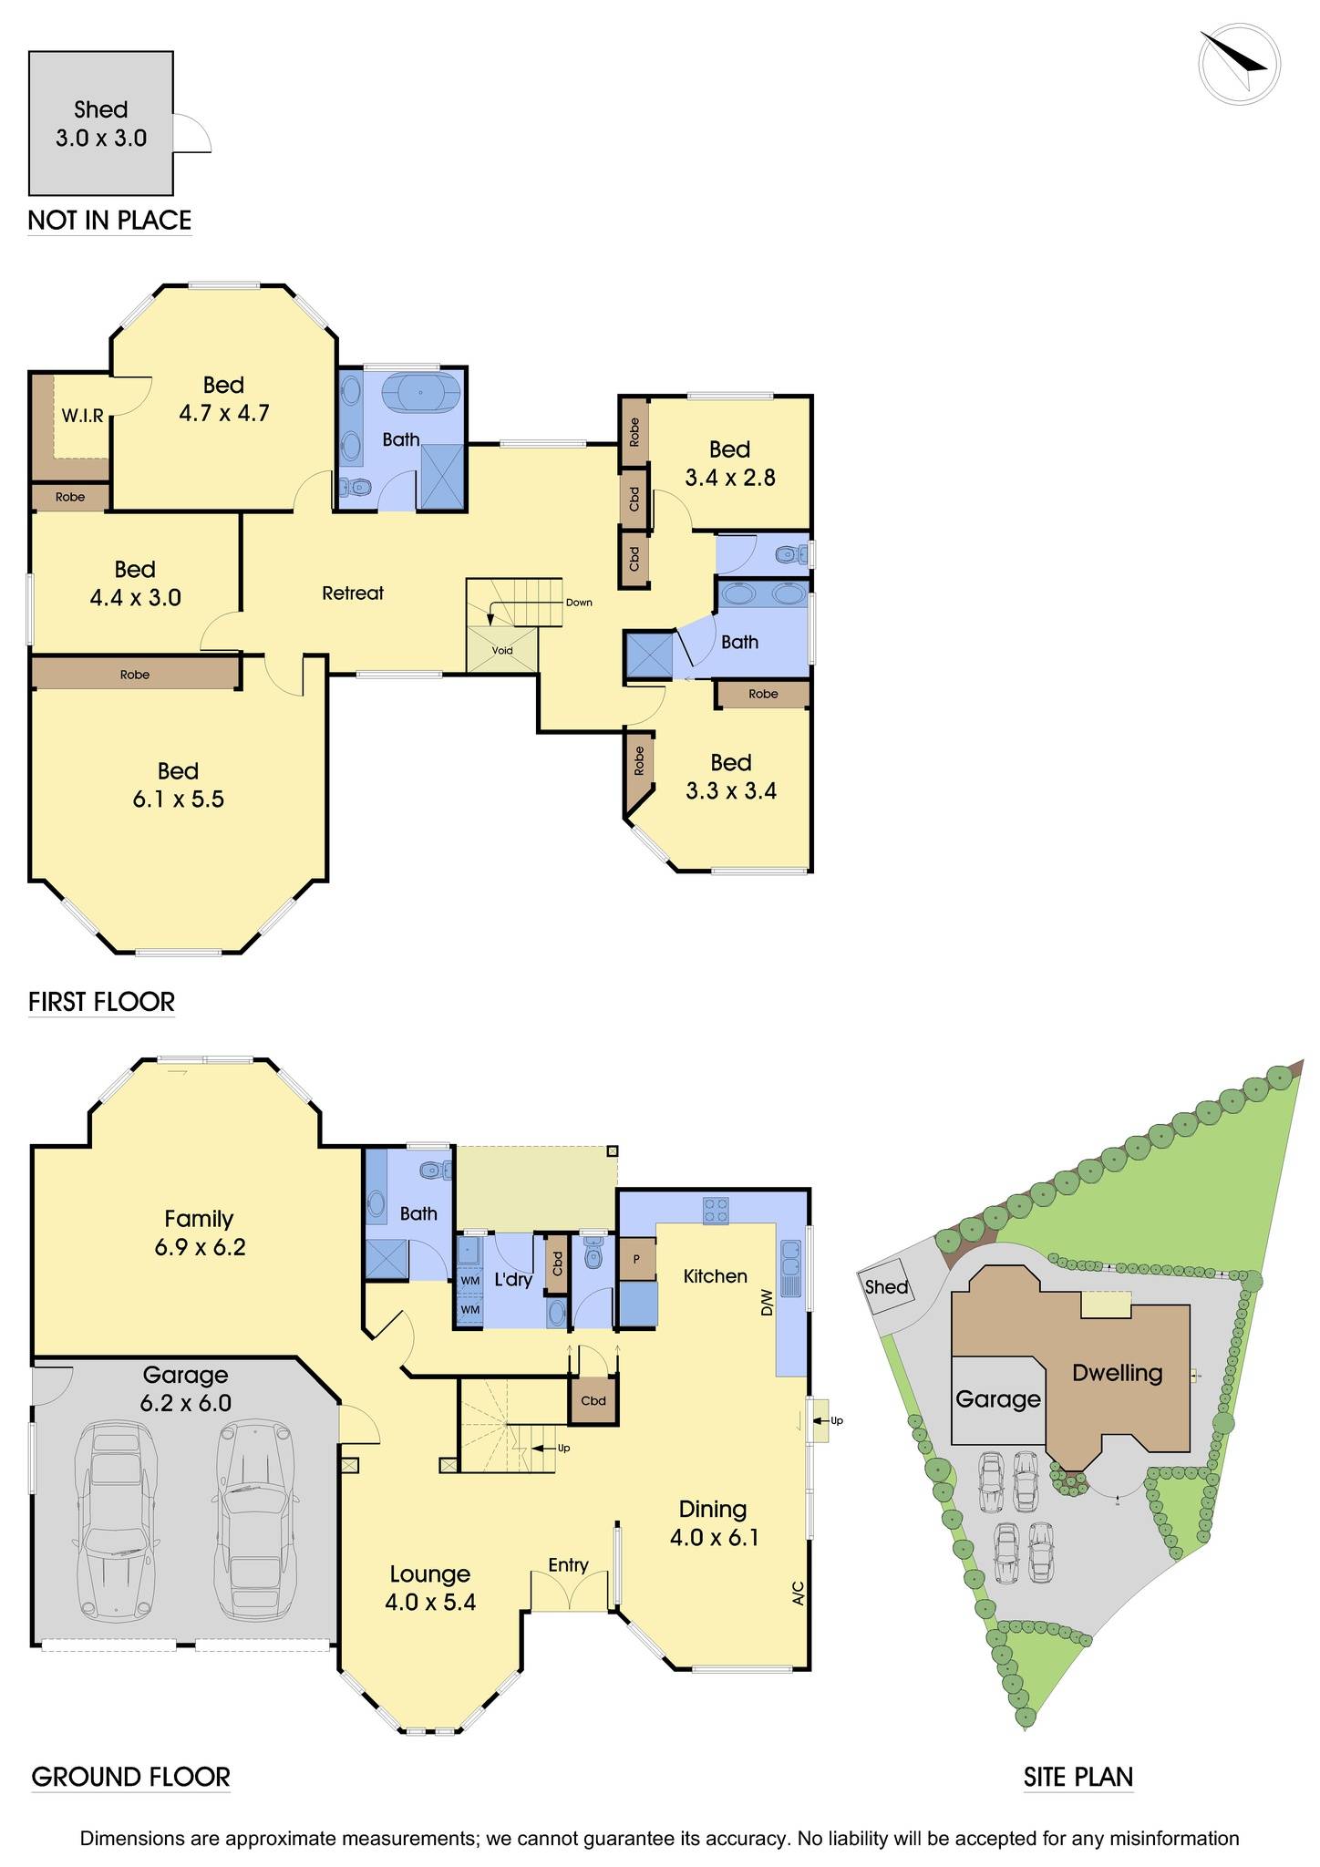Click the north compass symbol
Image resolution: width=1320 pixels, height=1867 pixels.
click(1239, 64)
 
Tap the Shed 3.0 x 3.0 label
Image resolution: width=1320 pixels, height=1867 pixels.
click(100, 124)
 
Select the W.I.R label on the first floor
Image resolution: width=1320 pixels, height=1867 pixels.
click(82, 416)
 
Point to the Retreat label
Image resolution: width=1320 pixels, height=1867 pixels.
click(353, 593)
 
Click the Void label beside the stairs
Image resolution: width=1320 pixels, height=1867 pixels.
click(502, 651)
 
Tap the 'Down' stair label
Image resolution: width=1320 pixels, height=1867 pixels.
click(579, 603)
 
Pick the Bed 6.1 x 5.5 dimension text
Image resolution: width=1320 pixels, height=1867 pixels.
click(178, 799)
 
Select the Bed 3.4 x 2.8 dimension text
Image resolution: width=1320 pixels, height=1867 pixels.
click(730, 478)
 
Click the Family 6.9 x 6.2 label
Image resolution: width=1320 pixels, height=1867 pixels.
click(199, 1233)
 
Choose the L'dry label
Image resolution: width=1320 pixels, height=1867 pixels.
click(513, 1280)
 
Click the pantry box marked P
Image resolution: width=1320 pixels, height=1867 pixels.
click(637, 1259)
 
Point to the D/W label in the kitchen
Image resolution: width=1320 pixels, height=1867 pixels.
click(766, 1305)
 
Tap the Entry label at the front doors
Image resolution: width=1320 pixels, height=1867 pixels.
click(568, 1565)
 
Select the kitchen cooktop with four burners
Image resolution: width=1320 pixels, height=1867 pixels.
click(716, 1210)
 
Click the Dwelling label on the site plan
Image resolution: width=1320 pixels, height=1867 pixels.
click(1117, 1373)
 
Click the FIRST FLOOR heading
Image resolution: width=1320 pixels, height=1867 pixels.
click(101, 1002)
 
